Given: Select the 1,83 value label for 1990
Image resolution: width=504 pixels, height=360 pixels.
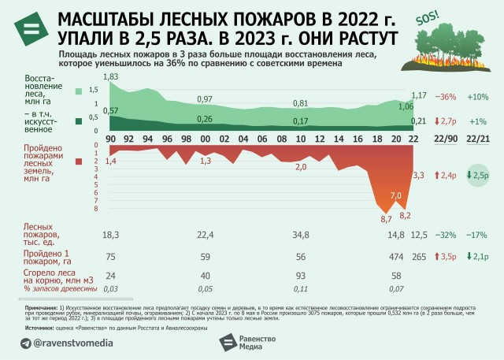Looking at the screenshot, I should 110,76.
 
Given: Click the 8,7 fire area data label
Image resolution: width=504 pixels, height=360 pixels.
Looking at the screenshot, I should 386,218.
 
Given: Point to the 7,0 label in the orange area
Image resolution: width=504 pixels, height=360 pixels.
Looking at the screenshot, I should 395,195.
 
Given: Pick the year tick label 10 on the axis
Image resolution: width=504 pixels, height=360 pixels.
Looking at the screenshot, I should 300,139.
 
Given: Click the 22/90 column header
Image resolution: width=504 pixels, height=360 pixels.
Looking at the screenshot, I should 445,139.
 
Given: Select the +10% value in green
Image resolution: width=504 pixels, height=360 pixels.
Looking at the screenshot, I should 478,97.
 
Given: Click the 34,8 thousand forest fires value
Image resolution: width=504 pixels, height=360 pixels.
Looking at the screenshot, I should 300,235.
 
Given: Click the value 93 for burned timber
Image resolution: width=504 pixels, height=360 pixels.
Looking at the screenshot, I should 300,276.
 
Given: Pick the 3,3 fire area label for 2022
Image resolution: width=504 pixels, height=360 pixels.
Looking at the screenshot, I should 418,175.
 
